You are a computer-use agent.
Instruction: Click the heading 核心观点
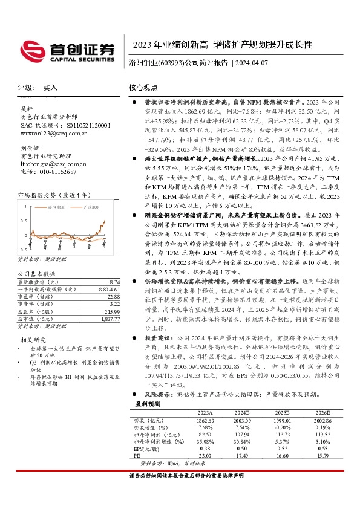point(143,88)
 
